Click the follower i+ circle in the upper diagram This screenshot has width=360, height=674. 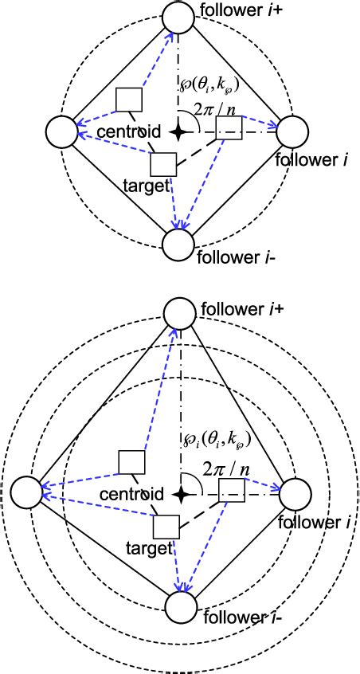[178, 16]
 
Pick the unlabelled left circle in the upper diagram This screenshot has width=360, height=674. [61, 131]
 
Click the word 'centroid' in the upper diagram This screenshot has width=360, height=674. [127, 131]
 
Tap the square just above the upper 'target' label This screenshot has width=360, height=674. [163, 164]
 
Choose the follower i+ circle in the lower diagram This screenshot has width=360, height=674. [178, 313]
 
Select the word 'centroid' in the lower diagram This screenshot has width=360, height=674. [131, 493]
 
